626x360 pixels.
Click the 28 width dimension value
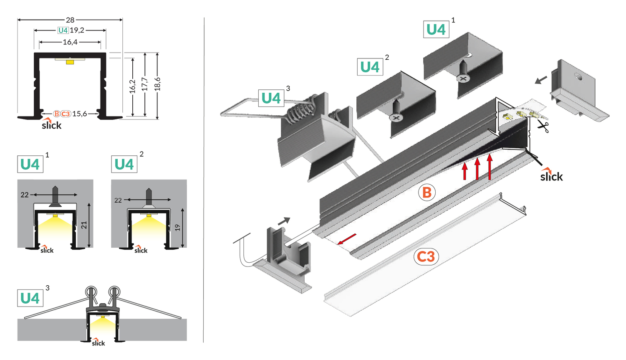(70, 20)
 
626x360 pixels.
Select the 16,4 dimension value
(70, 42)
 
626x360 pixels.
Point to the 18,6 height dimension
(157, 84)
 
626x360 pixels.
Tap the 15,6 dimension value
(79, 114)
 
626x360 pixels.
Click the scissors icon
(543, 126)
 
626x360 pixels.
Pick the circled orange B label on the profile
(427, 193)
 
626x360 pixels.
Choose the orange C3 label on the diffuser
(426, 256)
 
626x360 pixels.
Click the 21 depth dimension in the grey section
(84, 225)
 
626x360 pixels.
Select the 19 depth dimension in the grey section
(178, 228)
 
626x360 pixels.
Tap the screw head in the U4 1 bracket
(462, 78)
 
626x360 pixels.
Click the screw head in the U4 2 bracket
(396, 118)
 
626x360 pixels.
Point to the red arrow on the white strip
(347, 239)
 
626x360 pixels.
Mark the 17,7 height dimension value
(145, 84)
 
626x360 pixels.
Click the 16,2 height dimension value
(132, 86)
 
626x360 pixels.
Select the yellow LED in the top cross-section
(70, 62)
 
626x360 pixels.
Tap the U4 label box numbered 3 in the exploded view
(271, 98)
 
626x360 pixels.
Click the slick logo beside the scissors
(551, 175)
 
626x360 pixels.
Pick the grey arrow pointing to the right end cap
(541, 79)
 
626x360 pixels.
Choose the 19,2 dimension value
(77, 30)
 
